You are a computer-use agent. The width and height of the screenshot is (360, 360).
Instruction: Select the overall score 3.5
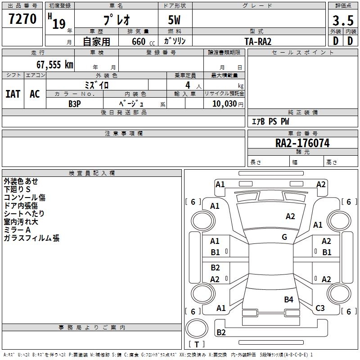342,21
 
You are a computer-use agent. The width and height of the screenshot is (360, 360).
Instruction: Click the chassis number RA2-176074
302,144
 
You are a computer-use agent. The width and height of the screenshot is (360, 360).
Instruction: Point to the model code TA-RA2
258,41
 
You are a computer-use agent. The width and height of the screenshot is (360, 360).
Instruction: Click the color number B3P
75,103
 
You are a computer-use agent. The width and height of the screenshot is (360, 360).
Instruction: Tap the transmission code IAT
13,94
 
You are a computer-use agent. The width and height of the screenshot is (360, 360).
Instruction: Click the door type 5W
175,21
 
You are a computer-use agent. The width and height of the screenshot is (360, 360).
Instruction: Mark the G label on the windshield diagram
284,237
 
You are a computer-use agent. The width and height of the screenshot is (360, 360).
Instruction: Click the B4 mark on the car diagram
288,299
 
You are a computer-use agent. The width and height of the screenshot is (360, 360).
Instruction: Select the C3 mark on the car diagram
320,308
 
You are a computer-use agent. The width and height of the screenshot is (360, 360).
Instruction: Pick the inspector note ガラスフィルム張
31,238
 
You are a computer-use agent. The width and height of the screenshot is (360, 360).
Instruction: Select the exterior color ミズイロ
97,85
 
